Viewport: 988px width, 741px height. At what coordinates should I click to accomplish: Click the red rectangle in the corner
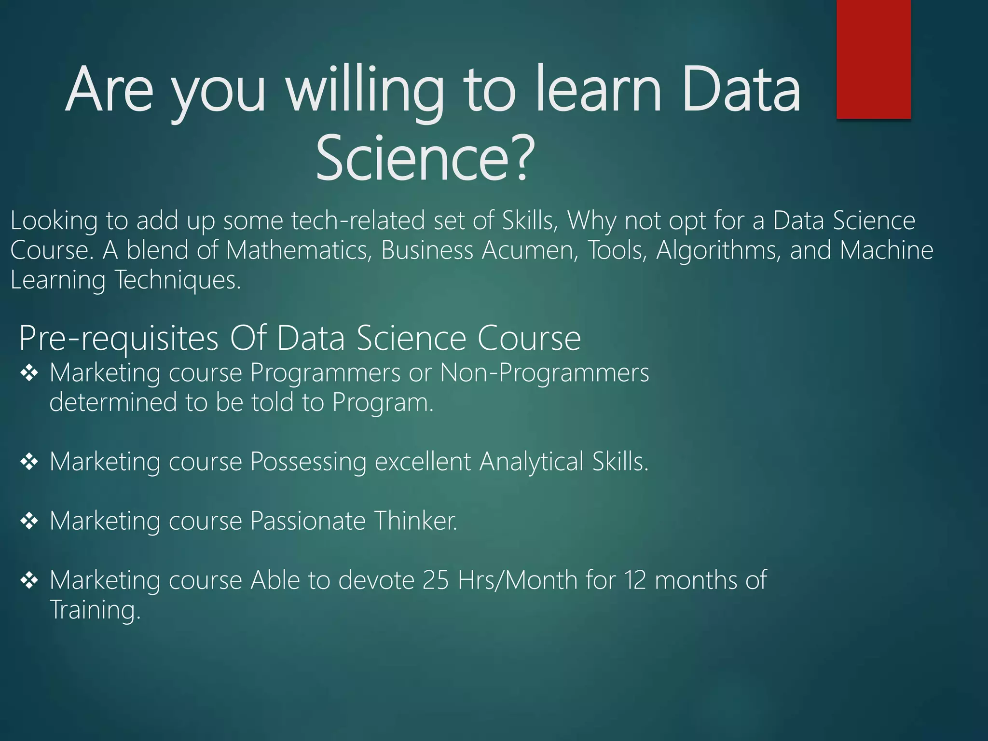click(x=873, y=59)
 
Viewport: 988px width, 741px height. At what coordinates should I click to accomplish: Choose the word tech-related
click(x=358, y=221)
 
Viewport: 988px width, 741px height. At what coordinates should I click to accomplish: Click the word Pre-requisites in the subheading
click(x=119, y=338)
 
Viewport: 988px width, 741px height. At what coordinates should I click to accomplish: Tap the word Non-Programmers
click(x=545, y=373)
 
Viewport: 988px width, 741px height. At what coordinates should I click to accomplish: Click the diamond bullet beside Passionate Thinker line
click(x=29, y=521)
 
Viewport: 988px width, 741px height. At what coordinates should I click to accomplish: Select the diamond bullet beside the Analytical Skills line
click(x=29, y=462)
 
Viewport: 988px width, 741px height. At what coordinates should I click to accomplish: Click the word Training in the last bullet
click(x=95, y=610)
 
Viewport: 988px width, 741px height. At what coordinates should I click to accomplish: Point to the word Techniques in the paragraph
click(x=177, y=280)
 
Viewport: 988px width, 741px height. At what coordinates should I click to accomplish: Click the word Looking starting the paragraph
click(x=54, y=221)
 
